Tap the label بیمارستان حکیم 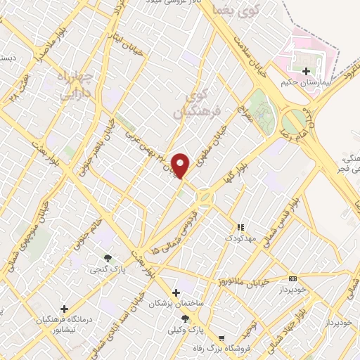[x=306, y=82]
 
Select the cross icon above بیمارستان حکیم [x=306, y=71]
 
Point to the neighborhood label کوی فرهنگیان [x=199, y=102]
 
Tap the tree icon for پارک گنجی [x=108, y=258]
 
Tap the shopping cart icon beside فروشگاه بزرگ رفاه [x=221, y=337]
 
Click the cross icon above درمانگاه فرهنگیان [x=65, y=308]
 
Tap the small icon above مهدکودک [x=241, y=227]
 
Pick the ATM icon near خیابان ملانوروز [x=292, y=278]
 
